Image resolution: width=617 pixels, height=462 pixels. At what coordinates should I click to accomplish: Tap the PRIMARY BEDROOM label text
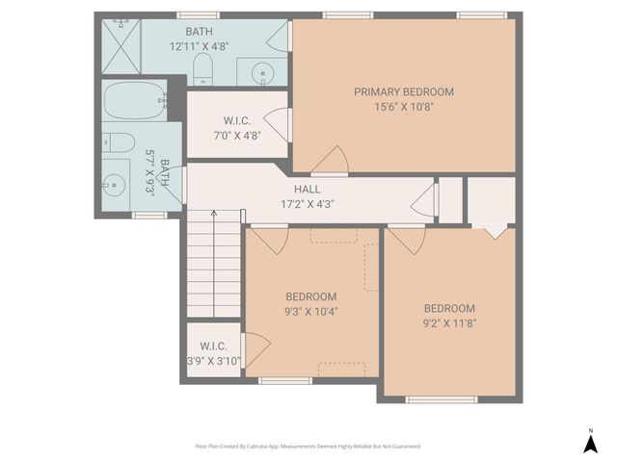[x=403, y=92]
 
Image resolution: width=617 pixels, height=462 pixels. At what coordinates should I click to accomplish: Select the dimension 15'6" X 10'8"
[x=403, y=107]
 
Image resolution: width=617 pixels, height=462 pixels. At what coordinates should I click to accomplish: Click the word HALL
[x=308, y=190]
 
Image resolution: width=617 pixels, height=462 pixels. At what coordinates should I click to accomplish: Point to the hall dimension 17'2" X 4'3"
[x=308, y=204]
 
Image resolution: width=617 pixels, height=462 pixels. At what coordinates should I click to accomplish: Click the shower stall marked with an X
[x=121, y=44]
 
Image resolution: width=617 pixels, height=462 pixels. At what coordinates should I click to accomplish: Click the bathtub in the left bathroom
[x=134, y=100]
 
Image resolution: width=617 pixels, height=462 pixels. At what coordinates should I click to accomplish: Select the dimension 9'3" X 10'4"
[x=310, y=311]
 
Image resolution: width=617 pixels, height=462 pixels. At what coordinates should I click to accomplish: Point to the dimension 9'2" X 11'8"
[x=449, y=323]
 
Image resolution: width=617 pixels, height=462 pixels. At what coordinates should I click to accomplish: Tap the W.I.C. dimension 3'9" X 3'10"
[x=213, y=361]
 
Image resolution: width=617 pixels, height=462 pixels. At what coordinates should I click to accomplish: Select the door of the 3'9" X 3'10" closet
[x=254, y=348]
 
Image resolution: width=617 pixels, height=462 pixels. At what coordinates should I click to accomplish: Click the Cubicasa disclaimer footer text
[x=308, y=447]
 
